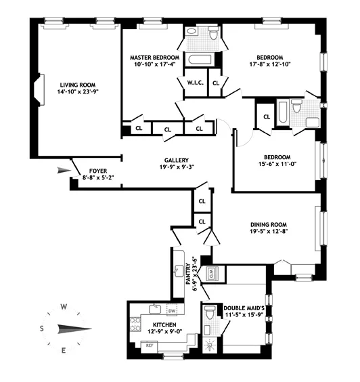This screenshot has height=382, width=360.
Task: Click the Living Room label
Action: coord(76,85)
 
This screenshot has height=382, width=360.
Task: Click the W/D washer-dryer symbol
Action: coord(210,274)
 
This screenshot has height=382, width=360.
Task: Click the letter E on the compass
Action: coord(64,350)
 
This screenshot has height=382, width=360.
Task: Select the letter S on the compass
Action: coord(41,328)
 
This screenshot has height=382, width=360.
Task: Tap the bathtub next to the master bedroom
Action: coord(200,61)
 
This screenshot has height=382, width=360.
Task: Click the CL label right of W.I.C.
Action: coord(216,83)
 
